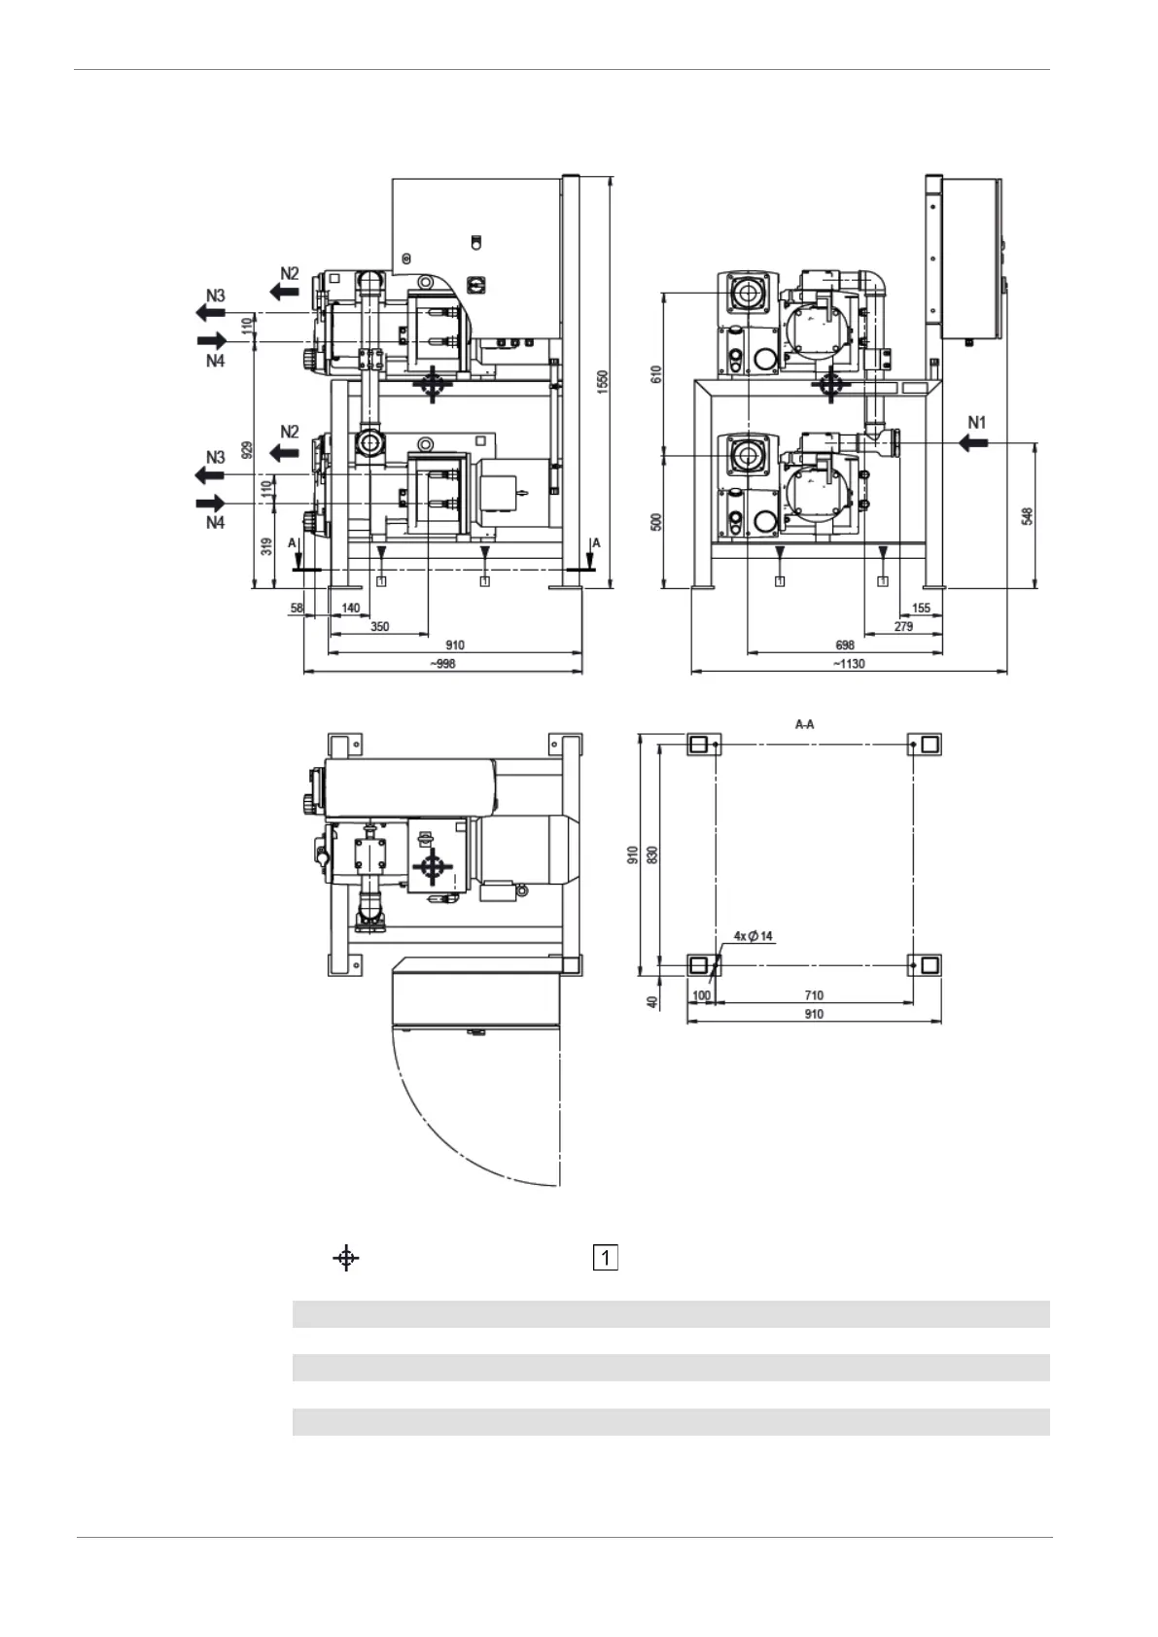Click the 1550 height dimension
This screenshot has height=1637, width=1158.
click(603, 381)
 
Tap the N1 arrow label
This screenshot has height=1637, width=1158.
click(976, 423)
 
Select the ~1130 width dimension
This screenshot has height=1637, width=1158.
click(848, 664)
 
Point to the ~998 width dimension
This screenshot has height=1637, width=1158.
click(441, 664)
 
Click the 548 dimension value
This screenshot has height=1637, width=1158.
click(1027, 514)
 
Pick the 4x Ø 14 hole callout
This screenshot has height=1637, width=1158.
click(754, 936)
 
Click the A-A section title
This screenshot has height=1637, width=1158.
click(804, 724)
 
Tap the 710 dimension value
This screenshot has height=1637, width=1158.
click(814, 995)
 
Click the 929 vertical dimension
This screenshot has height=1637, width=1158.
click(247, 449)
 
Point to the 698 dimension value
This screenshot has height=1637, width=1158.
click(845, 645)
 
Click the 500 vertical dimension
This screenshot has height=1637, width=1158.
click(656, 521)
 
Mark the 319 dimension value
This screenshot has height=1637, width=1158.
click(266, 546)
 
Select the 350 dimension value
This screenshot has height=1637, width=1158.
click(379, 627)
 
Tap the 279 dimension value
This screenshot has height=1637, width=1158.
click(903, 627)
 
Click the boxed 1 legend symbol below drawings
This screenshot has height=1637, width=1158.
click(605, 1258)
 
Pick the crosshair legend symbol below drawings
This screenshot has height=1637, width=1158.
click(345, 1258)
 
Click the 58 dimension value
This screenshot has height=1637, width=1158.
click(297, 609)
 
